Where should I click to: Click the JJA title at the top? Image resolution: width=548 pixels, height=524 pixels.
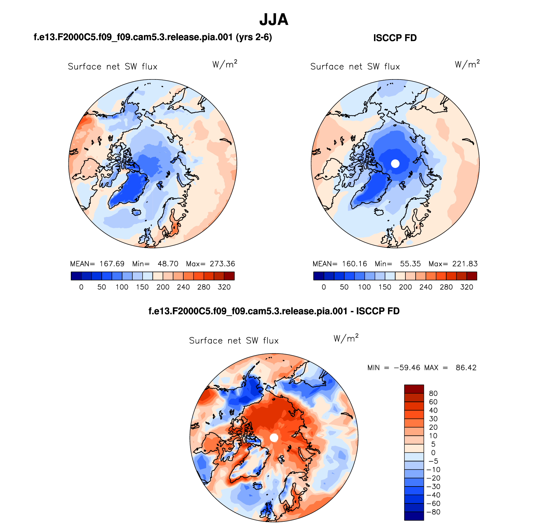pos(274,20)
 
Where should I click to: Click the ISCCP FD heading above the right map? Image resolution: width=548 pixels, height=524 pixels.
pos(395,38)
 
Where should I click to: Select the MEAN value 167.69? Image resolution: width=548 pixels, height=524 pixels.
pos(112,264)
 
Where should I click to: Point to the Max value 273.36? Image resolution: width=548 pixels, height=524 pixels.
pos(222,264)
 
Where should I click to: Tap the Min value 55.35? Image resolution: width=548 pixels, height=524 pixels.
pos(410,264)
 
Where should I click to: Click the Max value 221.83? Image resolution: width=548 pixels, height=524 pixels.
pos(465,264)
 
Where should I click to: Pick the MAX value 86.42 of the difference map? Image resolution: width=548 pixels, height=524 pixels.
pos(466,368)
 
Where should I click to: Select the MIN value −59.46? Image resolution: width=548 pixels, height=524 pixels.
pos(407,368)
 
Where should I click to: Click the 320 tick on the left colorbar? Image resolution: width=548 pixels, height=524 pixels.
pos(224,287)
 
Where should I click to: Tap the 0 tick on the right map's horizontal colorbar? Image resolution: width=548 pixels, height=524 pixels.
pos(324,287)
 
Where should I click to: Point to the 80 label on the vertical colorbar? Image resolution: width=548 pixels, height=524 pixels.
pos(433,394)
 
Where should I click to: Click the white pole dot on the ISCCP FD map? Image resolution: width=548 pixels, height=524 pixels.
pos(395,163)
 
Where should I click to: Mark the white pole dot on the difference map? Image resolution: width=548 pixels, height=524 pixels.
pos(274,438)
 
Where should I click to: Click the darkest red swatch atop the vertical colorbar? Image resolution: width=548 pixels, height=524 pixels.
pos(414,389)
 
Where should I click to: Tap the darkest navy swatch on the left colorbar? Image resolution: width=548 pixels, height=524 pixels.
pos(76,276)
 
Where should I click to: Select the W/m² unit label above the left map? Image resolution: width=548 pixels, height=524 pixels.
pos(225,64)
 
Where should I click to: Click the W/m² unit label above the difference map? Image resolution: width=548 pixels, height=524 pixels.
pos(346,338)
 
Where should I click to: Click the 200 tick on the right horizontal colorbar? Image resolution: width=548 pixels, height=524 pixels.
pos(405,287)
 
